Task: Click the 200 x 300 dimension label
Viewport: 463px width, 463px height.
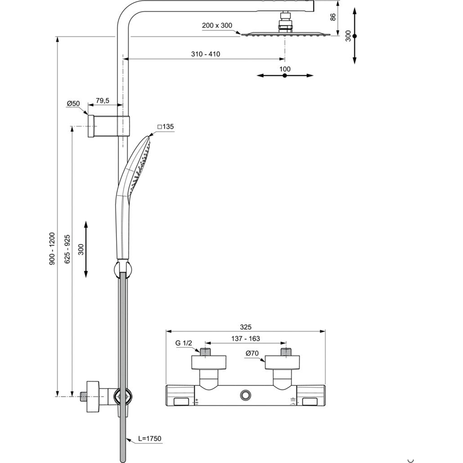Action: (x=217, y=26)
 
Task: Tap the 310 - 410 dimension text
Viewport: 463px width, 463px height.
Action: (x=205, y=54)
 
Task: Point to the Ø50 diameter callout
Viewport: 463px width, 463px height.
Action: (x=73, y=104)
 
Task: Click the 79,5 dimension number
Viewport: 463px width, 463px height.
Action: (x=102, y=101)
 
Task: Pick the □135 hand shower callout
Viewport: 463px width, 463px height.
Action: (x=165, y=127)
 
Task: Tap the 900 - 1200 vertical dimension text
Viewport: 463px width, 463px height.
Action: (x=52, y=248)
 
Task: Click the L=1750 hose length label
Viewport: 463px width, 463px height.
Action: (x=150, y=439)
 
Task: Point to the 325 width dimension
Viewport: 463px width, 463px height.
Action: (x=245, y=327)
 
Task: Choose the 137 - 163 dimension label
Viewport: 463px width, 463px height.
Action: (x=245, y=339)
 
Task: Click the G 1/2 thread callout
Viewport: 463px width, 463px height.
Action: (x=183, y=343)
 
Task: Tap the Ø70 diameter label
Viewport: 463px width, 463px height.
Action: (x=252, y=354)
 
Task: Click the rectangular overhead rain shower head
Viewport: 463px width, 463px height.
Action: (x=284, y=35)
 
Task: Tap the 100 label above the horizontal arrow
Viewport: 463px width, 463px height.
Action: (x=284, y=69)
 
